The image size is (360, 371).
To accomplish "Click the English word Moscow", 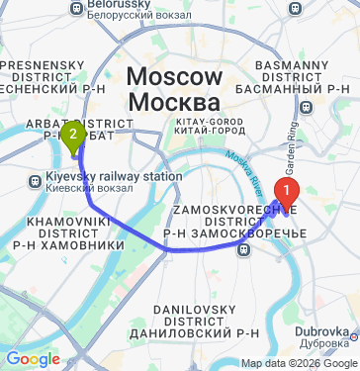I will click(176, 79).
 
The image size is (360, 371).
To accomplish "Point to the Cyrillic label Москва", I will click(176, 103).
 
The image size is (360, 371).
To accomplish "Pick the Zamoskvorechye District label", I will click(234, 221).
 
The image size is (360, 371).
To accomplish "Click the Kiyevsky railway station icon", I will click(35, 180).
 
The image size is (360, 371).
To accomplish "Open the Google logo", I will click(32, 359).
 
